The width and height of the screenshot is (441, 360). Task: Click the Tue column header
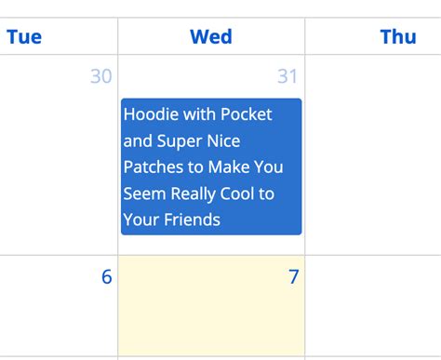(x=24, y=37)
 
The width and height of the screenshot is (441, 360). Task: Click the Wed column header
(x=211, y=37)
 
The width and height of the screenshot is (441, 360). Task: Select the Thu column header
(x=398, y=37)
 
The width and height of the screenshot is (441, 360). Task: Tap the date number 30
(x=100, y=76)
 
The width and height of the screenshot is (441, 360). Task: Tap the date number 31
(x=287, y=76)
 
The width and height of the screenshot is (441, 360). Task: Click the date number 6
(x=106, y=276)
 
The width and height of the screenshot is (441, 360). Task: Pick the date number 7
(x=293, y=276)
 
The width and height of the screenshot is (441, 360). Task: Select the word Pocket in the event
(x=247, y=114)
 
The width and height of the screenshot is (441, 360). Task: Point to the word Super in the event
(x=180, y=140)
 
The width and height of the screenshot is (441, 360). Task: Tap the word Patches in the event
(x=154, y=167)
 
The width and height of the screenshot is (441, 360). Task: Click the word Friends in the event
(x=192, y=220)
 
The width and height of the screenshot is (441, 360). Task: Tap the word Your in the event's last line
(x=140, y=220)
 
